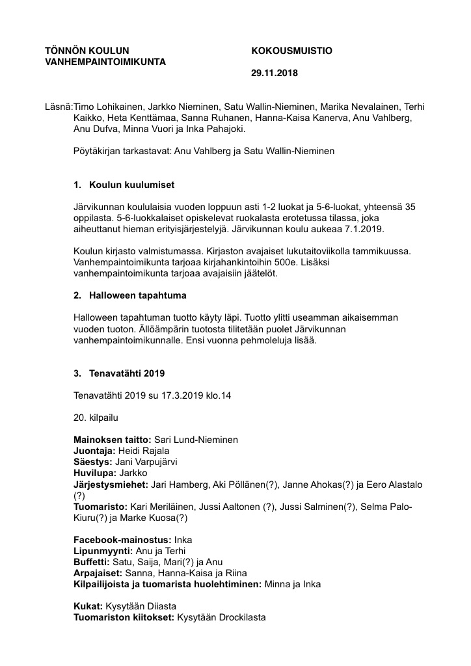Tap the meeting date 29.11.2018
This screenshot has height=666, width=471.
[x=275, y=73]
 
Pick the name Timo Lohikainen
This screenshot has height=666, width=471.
[x=107, y=107]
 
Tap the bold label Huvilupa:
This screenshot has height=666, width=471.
[x=96, y=472]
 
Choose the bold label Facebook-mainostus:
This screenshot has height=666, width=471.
[x=122, y=540]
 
